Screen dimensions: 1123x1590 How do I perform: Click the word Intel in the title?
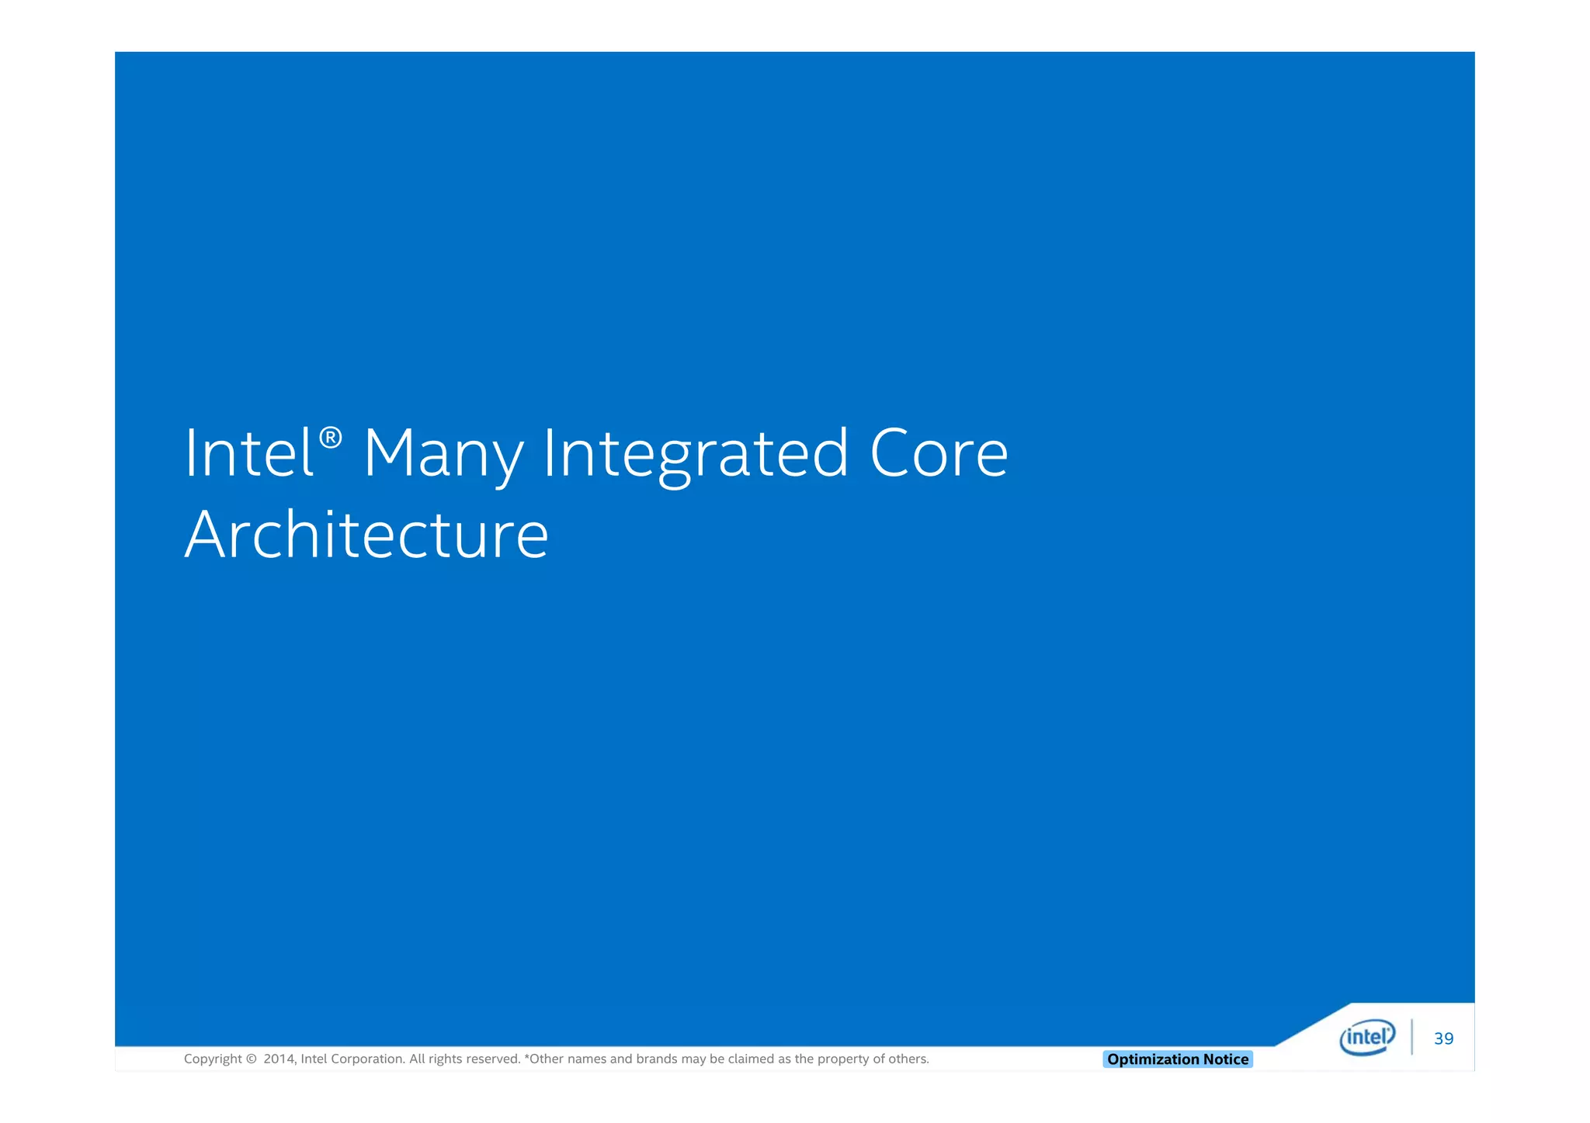(x=248, y=453)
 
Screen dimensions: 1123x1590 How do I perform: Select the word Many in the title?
(x=443, y=455)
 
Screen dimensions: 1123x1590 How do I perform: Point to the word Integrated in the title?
(x=696, y=455)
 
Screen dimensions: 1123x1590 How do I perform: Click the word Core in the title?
(x=939, y=453)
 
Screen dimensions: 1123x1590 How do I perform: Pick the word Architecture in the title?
(x=366, y=535)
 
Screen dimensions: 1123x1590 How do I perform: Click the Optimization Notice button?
(x=1177, y=1059)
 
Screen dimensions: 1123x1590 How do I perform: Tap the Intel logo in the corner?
(x=1367, y=1038)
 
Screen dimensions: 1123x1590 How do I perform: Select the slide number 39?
(x=1443, y=1039)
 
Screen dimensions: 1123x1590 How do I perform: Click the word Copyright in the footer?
(x=213, y=1059)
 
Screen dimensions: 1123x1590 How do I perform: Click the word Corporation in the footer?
(x=367, y=1059)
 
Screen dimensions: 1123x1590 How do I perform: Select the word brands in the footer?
(x=656, y=1059)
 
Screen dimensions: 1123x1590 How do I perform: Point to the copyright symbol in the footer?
(x=251, y=1059)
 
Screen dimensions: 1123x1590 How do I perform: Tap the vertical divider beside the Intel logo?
(x=1411, y=1038)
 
